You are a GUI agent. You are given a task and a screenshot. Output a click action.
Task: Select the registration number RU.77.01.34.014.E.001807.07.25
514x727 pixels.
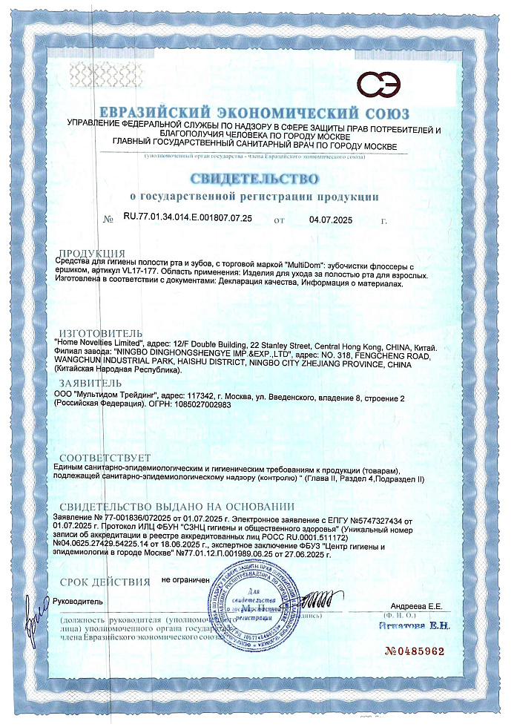click(188, 218)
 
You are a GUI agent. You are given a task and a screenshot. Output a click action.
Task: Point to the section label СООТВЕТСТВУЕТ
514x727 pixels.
click(105, 458)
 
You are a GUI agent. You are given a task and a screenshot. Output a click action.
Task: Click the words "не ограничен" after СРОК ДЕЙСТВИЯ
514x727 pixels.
click(185, 580)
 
